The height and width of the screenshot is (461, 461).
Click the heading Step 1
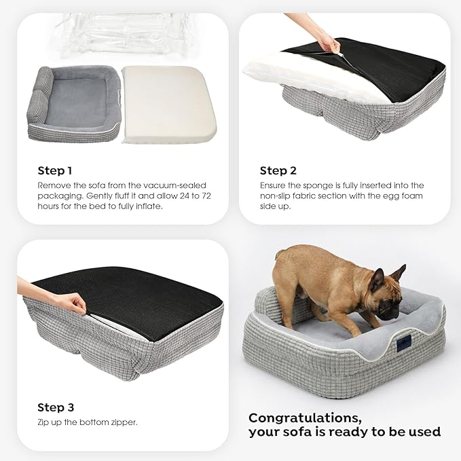55,170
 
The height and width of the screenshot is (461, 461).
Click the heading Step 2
278,170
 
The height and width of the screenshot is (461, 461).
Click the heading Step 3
56,407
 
